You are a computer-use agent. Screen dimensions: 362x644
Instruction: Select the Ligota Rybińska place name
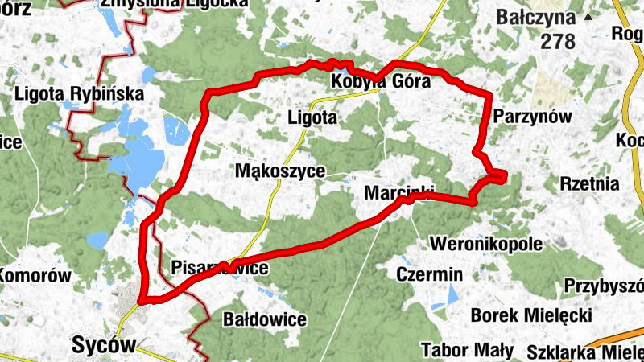pyautogui.click(x=79, y=94)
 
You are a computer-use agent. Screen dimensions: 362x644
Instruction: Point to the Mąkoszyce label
pyautogui.click(x=280, y=171)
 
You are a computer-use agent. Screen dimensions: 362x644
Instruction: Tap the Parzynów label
pyautogui.click(x=532, y=117)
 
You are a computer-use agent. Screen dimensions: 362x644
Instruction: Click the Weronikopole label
pyautogui.click(x=487, y=243)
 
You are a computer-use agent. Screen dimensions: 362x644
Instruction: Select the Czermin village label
pyautogui.click(x=430, y=274)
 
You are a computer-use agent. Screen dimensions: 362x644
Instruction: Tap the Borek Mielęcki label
pyautogui.click(x=531, y=315)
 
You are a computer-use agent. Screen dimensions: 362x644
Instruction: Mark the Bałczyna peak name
pyautogui.click(x=535, y=17)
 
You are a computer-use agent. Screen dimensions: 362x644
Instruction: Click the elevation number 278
pyautogui.click(x=558, y=42)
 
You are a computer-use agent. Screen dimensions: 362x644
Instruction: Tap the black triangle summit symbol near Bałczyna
pyautogui.click(x=588, y=16)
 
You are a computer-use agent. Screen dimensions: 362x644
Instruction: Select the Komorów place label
pyautogui.click(x=35, y=276)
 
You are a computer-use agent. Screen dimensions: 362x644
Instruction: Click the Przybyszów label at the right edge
pyautogui.click(x=604, y=286)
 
